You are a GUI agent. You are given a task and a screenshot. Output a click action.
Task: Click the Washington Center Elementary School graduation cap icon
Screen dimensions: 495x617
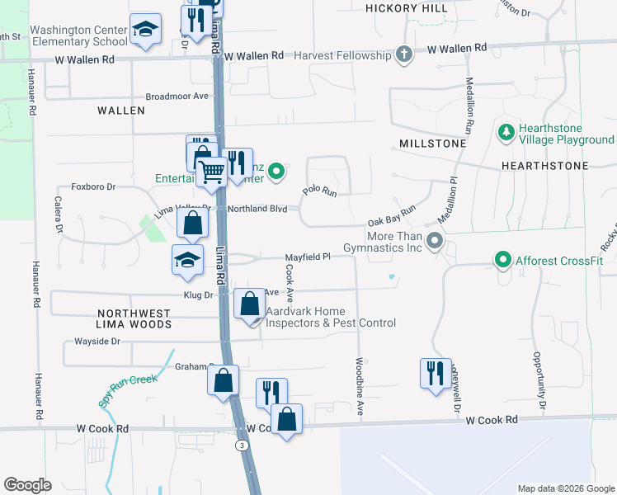click(145, 31)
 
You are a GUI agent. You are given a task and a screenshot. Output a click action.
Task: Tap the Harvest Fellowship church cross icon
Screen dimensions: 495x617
click(403, 55)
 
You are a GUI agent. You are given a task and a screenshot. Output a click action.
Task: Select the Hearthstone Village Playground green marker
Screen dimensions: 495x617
click(505, 132)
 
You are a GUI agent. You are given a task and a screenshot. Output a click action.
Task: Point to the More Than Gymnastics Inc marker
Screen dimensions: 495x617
click(436, 242)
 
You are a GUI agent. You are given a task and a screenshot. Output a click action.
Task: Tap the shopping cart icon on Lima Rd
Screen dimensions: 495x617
click(213, 172)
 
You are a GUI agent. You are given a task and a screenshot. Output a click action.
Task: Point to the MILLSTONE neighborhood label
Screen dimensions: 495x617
click(432, 144)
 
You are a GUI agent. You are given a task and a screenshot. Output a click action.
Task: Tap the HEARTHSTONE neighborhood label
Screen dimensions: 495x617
click(544, 166)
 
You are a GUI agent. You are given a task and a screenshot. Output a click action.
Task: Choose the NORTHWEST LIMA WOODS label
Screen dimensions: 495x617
click(134, 319)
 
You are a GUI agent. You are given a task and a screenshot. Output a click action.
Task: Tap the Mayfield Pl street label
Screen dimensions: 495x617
click(308, 257)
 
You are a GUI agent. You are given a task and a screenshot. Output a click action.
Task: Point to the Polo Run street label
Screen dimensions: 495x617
click(320, 191)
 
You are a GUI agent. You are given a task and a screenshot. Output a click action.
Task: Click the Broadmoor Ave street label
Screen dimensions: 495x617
click(177, 96)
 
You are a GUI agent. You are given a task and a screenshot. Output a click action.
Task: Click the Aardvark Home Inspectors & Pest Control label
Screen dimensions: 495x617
click(330, 317)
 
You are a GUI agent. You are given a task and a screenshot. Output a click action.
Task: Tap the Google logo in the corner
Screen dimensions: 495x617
click(27, 485)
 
